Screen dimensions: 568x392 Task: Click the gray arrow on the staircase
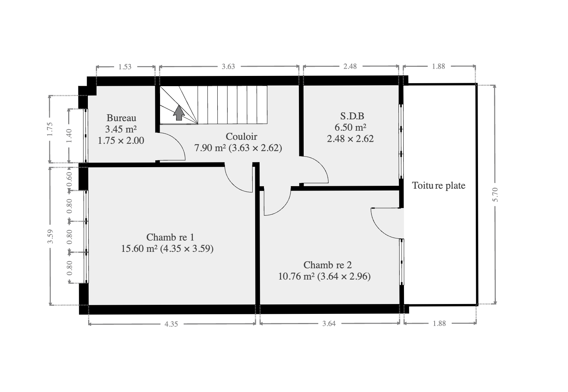(x=179, y=113)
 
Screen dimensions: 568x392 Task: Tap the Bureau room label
(x=121, y=118)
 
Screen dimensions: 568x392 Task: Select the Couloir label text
(x=241, y=137)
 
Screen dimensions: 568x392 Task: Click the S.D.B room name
(x=352, y=116)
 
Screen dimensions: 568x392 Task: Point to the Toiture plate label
(x=439, y=185)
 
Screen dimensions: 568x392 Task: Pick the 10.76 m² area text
(x=296, y=276)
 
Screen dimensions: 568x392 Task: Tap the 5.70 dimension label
(x=495, y=195)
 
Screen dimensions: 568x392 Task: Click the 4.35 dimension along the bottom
(x=171, y=324)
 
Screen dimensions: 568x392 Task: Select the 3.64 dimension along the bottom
(x=329, y=323)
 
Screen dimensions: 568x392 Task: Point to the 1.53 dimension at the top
(x=125, y=67)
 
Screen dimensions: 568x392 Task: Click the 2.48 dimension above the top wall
(x=350, y=66)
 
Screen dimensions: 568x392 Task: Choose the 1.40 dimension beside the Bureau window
(x=69, y=135)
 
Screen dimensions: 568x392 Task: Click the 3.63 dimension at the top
(x=228, y=66)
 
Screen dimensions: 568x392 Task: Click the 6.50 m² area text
(x=350, y=127)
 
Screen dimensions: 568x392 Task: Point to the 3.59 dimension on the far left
(x=50, y=236)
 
